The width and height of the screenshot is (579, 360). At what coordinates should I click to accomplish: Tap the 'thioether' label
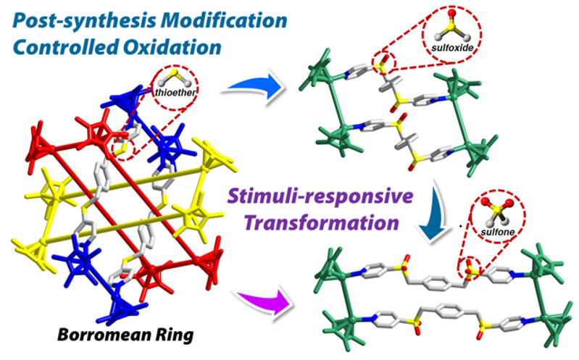pos(171,92)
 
